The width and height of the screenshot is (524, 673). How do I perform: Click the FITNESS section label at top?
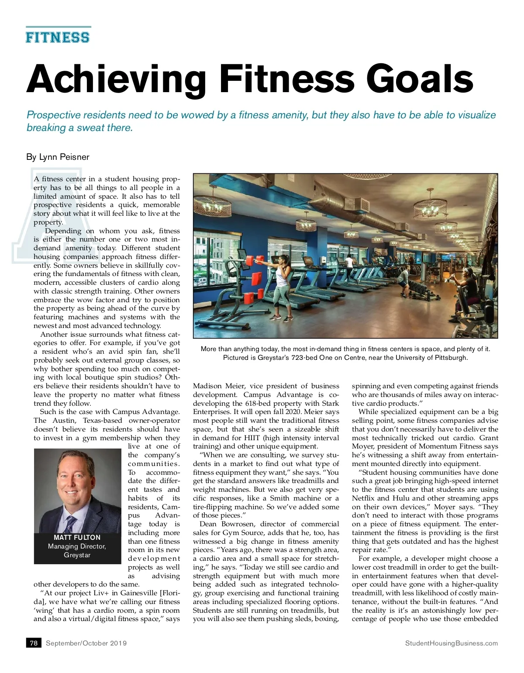pos(58,37)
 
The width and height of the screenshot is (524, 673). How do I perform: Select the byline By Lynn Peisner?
pos(58,157)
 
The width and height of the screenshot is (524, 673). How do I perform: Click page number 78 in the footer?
pos(34,643)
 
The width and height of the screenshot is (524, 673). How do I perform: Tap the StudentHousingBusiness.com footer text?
pos(451,643)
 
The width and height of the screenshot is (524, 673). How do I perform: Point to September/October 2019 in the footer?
pos(86,643)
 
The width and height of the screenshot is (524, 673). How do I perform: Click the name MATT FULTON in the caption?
pos(77,537)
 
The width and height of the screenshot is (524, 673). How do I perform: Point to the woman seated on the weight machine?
pos(468,286)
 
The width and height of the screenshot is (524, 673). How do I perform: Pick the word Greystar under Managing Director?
pos(77,555)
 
